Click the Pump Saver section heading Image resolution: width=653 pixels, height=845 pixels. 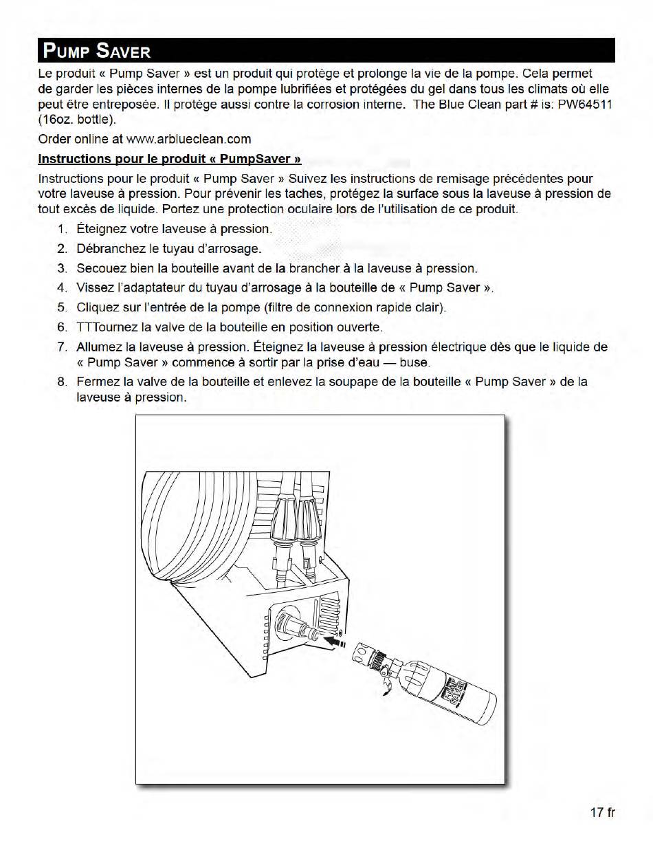point(96,51)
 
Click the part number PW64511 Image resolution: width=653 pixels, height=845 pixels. point(585,105)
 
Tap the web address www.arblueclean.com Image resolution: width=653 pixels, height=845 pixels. point(188,139)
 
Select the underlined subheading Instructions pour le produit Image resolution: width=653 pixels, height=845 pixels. point(170,159)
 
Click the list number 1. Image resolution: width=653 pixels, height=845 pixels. point(62,229)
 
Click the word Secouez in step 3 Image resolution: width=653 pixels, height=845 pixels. point(101,268)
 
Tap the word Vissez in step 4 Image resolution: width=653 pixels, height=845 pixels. point(93,288)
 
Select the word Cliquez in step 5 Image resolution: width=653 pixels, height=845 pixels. point(98,307)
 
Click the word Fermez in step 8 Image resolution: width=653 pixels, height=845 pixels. point(97,382)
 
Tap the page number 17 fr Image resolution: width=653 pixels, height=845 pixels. point(602,812)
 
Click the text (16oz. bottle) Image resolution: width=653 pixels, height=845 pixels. point(78,120)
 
